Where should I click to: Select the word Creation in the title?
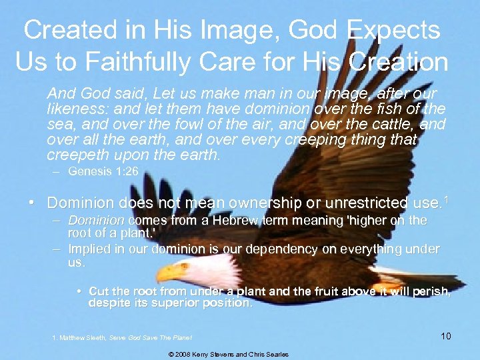point(400,61)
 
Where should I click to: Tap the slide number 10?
point(445,336)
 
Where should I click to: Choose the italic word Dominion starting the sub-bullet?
point(96,220)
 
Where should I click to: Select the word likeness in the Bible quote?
point(71,108)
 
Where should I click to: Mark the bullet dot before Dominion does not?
point(32,202)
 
